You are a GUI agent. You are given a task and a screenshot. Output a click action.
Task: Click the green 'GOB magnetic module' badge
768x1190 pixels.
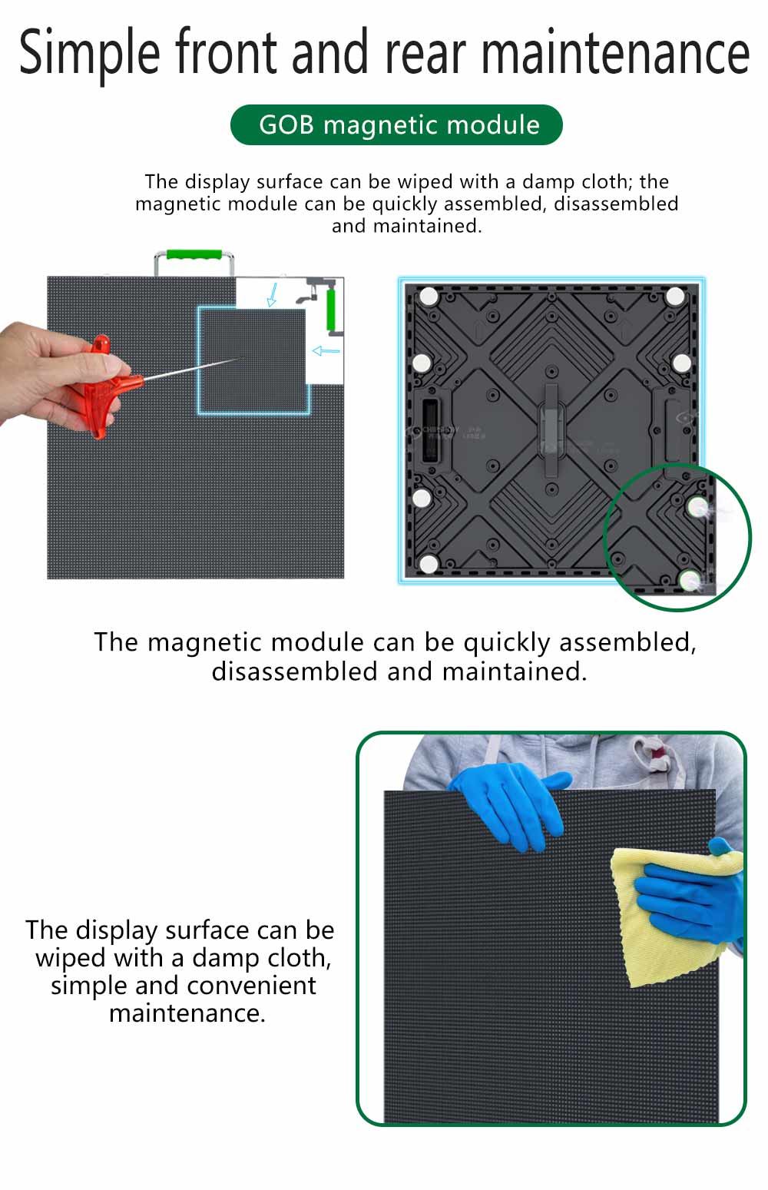click(x=396, y=125)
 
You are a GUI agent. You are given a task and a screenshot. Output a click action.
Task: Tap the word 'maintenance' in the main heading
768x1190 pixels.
click(x=615, y=52)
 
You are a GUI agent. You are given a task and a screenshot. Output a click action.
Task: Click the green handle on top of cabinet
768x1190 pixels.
click(x=194, y=254)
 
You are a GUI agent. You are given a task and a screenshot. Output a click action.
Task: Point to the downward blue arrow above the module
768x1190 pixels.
click(x=273, y=294)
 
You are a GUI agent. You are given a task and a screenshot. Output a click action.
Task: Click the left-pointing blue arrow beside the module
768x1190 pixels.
click(x=326, y=350)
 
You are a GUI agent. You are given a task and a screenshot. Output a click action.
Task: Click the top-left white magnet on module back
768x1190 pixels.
click(x=429, y=296)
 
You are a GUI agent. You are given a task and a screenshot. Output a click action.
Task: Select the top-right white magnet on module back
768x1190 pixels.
click(x=675, y=296)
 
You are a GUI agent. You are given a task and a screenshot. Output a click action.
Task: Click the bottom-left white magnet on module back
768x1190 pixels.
click(x=429, y=564)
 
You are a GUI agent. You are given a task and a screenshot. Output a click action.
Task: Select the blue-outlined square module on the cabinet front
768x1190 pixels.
click(x=253, y=360)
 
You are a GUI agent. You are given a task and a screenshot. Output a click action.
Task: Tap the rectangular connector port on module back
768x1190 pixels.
click(x=429, y=429)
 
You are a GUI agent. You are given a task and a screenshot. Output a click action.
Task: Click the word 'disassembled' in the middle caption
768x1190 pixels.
click(x=295, y=671)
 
